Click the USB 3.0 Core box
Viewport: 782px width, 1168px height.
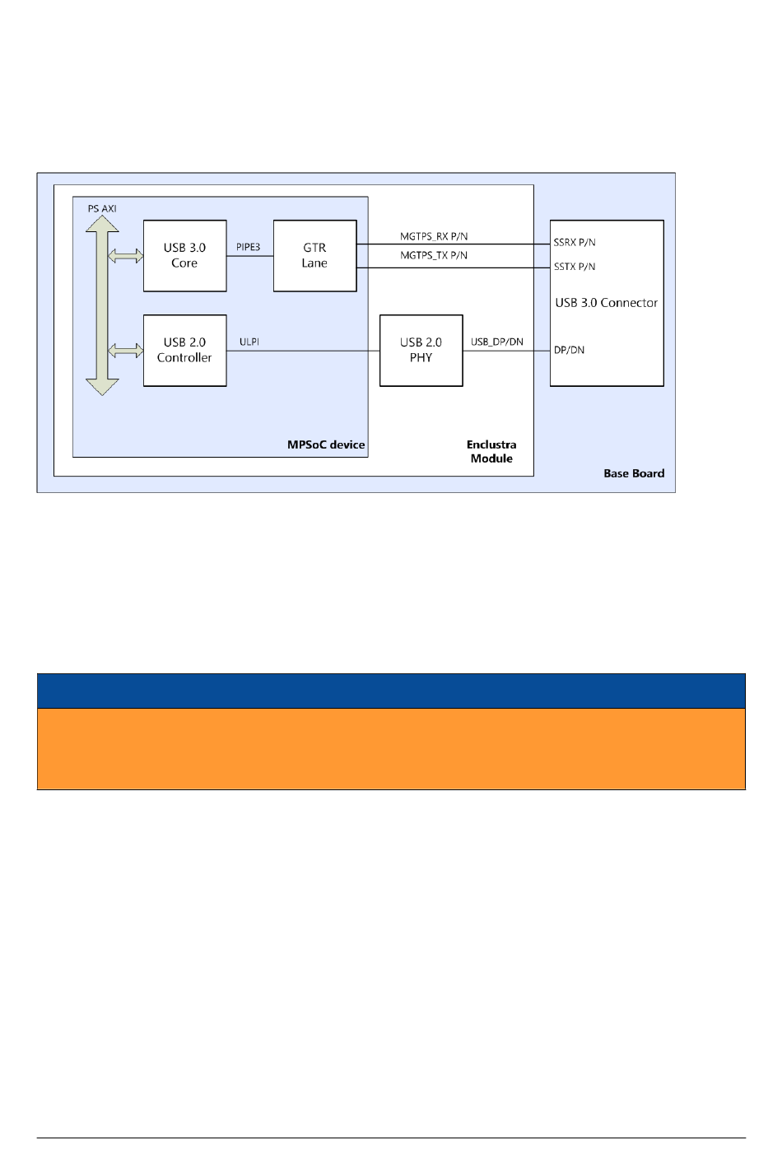pos(184,256)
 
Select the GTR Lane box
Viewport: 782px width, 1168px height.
pos(314,256)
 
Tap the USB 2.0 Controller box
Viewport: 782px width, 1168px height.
pos(184,351)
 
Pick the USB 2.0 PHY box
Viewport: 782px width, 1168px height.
pos(421,351)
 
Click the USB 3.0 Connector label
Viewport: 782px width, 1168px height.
pos(607,303)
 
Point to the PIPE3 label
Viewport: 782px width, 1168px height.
pos(248,247)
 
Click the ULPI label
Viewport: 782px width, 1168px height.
pos(249,342)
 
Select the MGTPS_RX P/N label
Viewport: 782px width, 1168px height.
pos(434,236)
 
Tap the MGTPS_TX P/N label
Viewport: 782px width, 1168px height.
pos(434,255)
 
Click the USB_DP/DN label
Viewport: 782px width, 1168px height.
pos(496,342)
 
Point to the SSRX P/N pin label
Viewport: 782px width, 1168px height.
pos(575,243)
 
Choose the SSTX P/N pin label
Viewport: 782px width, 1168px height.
pos(575,267)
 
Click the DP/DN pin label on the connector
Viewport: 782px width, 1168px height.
pos(569,350)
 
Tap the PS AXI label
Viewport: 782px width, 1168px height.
pos(102,209)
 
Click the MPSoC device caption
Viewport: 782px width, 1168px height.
pos(326,444)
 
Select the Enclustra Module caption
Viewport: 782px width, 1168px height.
pos(491,452)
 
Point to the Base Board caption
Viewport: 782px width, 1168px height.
pos(634,473)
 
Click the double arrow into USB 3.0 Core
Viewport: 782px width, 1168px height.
pos(126,256)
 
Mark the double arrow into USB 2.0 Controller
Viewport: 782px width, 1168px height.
pos(126,351)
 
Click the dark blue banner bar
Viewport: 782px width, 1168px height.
pos(391,691)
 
